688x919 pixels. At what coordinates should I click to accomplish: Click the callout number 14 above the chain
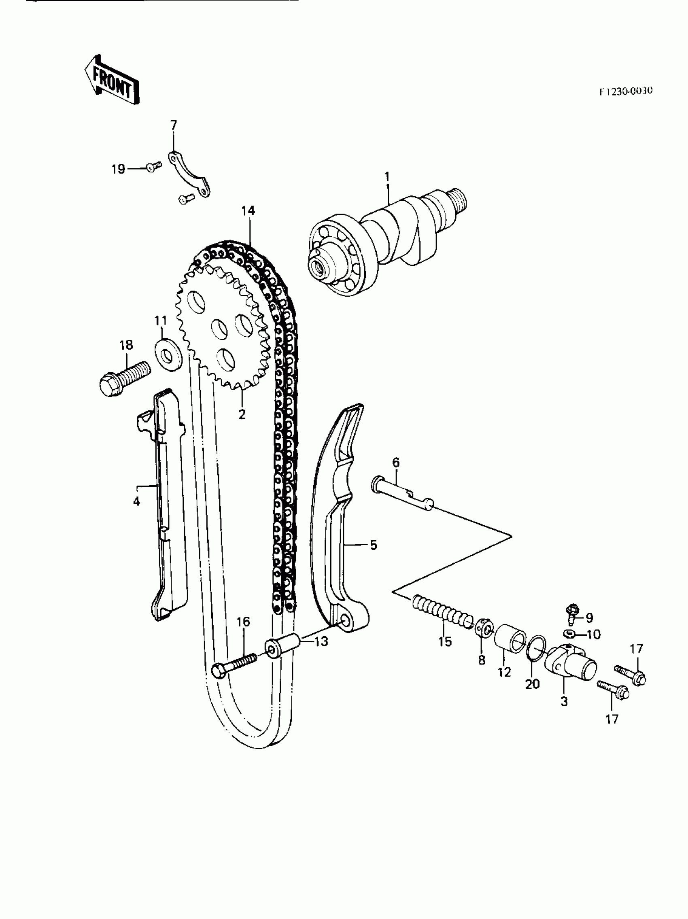point(248,211)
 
